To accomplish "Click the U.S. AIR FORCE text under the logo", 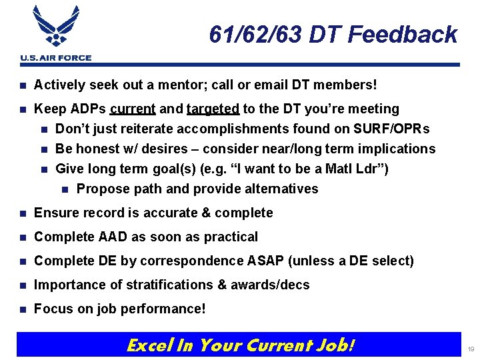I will tap(56, 58).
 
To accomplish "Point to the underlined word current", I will tap(133, 109).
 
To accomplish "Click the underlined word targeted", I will tap(213, 109).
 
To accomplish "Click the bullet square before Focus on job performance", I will tap(23, 309).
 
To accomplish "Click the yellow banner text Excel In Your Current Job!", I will tap(240, 345).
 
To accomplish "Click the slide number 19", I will tap(470, 349).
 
